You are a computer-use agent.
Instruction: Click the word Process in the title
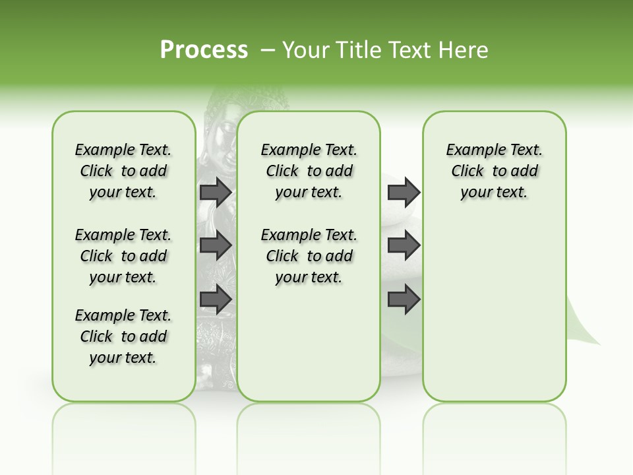coord(204,50)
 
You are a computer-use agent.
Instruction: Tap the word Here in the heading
coord(465,50)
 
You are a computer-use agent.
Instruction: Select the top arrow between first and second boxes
coord(216,192)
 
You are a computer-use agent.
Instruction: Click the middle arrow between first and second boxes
coord(216,245)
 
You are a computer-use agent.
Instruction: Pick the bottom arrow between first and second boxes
coord(216,300)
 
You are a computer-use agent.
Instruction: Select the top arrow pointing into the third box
coord(404,192)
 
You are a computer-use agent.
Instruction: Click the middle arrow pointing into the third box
coord(404,245)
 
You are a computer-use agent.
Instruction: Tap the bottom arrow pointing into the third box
coord(404,300)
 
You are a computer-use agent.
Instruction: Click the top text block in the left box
coord(123,171)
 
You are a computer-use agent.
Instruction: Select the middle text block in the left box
coord(123,256)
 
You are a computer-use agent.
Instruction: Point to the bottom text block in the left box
coord(123,336)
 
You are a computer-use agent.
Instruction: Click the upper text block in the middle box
coord(309,171)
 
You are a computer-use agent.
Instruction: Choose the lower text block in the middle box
coord(309,256)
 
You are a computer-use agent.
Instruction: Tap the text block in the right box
coord(494,171)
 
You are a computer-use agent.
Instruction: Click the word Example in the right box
coord(470,150)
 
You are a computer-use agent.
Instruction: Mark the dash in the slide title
coord(268,50)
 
